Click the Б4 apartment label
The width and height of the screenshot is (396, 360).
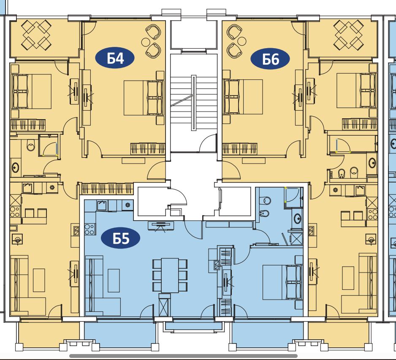click(x=115, y=58)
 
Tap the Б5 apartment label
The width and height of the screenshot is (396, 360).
click(x=120, y=238)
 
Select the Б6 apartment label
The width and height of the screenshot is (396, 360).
click(x=270, y=59)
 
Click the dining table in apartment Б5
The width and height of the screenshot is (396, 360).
click(x=170, y=275)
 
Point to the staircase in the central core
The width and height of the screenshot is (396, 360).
click(x=194, y=103)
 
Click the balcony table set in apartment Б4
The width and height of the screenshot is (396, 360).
click(x=36, y=35)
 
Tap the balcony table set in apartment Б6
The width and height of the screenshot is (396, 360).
click(x=349, y=35)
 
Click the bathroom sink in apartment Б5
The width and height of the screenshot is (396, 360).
click(x=298, y=218)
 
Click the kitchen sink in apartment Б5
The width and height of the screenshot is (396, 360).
click(x=102, y=206)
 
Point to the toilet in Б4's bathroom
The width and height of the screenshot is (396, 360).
click(x=31, y=145)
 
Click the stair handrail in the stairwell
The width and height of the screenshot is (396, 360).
click(x=194, y=103)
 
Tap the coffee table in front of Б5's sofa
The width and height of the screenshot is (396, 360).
click(x=114, y=281)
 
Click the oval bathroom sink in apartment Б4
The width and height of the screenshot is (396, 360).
click(x=15, y=168)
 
